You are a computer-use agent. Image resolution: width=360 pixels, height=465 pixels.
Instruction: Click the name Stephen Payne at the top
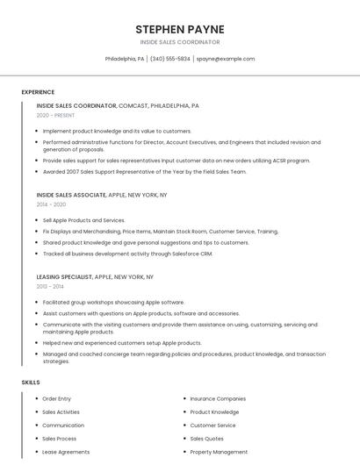[x=180, y=29]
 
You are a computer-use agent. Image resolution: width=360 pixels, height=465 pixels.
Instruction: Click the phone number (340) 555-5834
[x=169, y=59]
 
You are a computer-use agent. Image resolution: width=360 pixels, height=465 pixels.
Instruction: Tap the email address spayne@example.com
[x=225, y=59]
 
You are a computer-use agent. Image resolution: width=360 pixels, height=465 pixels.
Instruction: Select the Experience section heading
[x=38, y=92]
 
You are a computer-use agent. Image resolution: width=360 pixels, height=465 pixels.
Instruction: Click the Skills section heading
[x=31, y=383]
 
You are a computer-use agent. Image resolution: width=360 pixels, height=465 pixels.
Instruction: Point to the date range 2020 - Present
[x=55, y=115]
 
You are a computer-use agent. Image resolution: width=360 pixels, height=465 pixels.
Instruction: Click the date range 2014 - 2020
[x=51, y=204]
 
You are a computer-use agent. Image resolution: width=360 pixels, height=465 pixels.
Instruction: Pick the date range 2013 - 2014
[x=50, y=286]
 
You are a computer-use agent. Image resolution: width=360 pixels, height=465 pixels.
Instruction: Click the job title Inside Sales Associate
[x=71, y=194]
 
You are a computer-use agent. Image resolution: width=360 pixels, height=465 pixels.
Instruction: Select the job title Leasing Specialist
[x=64, y=276]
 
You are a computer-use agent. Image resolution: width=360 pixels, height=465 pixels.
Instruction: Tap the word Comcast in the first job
[x=133, y=105]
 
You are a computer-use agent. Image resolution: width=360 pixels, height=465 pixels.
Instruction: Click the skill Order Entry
[x=57, y=398]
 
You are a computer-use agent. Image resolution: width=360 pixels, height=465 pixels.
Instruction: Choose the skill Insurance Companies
[x=218, y=398]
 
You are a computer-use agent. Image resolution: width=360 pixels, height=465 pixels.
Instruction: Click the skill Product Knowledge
[x=214, y=411]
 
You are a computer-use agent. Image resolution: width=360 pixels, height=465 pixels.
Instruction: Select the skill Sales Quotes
[x=207, y=439]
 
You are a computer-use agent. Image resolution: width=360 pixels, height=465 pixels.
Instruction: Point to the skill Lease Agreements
[x=66, y=452]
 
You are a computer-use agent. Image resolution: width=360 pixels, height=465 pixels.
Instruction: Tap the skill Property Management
[x=219, y=452]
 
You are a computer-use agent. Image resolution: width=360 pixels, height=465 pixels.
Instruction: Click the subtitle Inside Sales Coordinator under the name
[x=180, y=41]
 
